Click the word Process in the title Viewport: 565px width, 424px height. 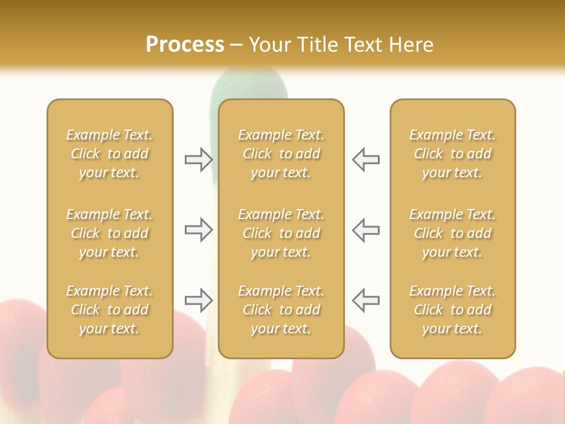tap(185, 45)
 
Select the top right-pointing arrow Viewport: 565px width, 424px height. tap(198, 160)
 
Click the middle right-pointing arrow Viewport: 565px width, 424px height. tap(198, 230)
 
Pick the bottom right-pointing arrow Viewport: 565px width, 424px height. tap(198, 300)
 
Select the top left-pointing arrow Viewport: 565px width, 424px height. tap(365, 160)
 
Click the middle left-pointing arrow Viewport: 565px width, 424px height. tap(365, 230)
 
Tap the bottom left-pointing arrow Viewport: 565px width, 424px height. tap(365, 300)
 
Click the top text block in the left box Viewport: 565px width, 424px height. tap(109, 154)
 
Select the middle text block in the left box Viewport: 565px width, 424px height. tap(109, 233)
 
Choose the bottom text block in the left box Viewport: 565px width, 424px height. tap(109, 310)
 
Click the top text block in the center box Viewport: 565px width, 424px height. tap(281, 154)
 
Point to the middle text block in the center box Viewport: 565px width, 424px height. tap(281, 233)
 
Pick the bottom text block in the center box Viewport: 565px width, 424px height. tap(281, 310)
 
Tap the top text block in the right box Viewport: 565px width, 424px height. tap(452, 154)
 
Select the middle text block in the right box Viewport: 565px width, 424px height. tap(452, 233)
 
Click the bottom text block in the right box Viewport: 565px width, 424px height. tap(452, 310)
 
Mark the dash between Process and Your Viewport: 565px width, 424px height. tap(237, 46)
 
